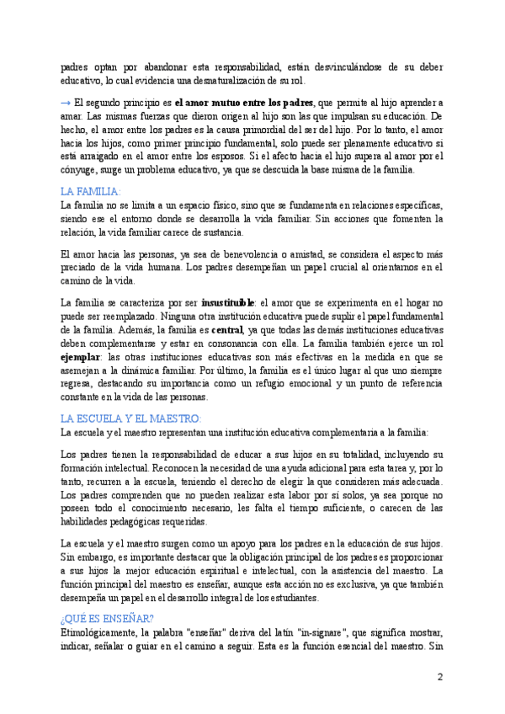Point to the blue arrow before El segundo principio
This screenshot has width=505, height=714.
(66, 102)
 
